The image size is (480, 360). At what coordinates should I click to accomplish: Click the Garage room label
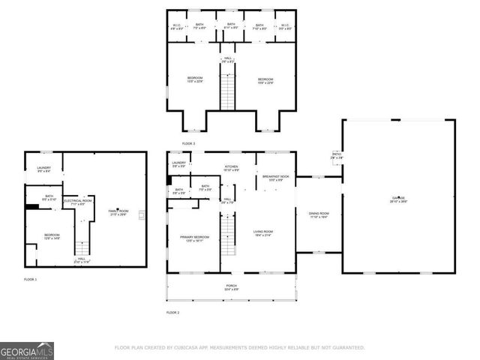coord(398,199)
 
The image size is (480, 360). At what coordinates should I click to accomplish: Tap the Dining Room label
coord(319,214)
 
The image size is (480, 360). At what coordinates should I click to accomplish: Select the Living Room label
coord(262,232)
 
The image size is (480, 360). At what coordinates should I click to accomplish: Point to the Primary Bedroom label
coord(194,238)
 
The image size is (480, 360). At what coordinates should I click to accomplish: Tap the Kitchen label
coord(232,167)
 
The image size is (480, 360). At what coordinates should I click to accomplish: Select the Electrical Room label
coord(77,202)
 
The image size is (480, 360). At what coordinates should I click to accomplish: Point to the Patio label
coord(337,156)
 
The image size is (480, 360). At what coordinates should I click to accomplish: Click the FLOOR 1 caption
coord(30,279)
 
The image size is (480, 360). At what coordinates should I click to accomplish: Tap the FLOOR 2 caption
coord(172,312)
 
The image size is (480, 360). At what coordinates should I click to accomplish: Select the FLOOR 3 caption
coord(188,143)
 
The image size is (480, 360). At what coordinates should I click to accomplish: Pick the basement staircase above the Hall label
coord(85,243)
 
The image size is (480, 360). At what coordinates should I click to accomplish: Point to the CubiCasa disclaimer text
coord(239,348)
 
